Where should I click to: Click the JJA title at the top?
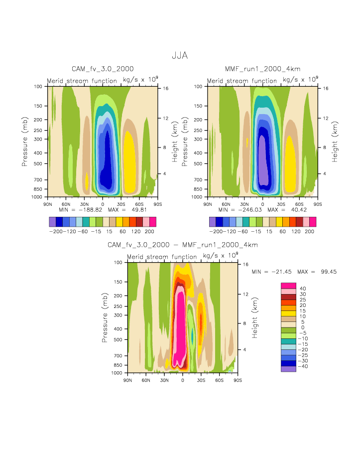(x=180, y=56)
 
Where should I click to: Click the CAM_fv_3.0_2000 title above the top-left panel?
(x=103, y=69)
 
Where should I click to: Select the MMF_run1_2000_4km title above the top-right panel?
(x=262, y=69)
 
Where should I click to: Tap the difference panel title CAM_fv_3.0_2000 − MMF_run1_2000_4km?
(x=183, y=245)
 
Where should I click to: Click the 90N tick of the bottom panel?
(x=127, y=380)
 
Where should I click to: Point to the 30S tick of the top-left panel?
(x=121, y=204)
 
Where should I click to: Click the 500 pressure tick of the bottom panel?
(x=119, y=340)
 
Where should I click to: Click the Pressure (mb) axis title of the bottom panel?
(x=105, y=317)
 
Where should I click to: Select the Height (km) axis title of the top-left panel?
(x=175, y=142)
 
